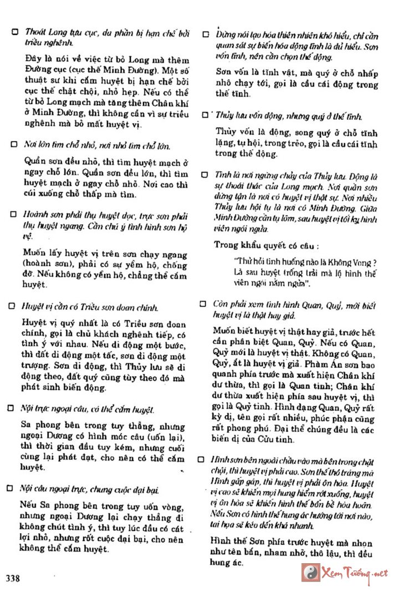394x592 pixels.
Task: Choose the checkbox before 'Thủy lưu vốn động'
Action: (x=206, y=115)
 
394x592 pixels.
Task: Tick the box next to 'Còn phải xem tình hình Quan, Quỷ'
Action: (x=206, y=305)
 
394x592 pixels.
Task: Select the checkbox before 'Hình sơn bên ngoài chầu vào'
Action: (x=206, y=460)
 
